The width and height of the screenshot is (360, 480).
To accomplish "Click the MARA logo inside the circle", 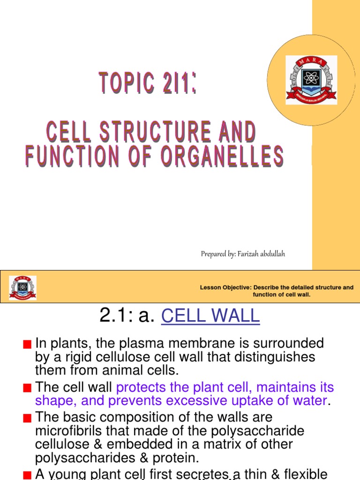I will pyautogui.click(x=311, y=80).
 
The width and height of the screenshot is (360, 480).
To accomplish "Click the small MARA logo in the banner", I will pyautogui.click(x=22, y=288).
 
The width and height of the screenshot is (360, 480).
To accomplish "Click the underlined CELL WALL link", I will pyautogui.click(x=210, y=316).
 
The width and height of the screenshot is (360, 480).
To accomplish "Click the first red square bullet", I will pyautogui.click(x=27, y=345).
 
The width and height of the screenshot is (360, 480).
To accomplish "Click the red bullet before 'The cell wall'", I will pyautogui.click(x=27, y=388).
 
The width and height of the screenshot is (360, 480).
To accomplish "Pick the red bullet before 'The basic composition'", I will pyautogui.click(x=27, y=418).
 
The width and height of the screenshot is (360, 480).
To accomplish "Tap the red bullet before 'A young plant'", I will pyautogui.click(x=27, y=474).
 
